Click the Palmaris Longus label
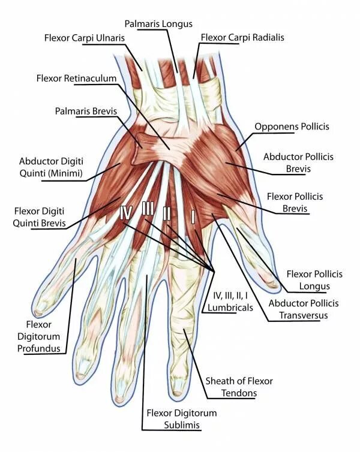pyautogui.click(x=158, y=23)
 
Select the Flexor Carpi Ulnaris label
pyautogui.click(x=84, y=38)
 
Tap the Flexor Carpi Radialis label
pyautogui.click(x=242, y=37)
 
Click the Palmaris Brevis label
pyautogui.click(x=86, y=112)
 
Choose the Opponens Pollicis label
pyautogui.click(x=292, y=126)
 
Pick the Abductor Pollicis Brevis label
pyautogui.click(x=298, y=162)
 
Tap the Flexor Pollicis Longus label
pyautogui.click(x=314, y=279)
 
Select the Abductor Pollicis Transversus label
pyautogui.click(x=303, y=309)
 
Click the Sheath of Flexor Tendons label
pyautogui.click(x=239, y=387)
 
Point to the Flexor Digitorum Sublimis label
pyautogui.click(x=182, y=419)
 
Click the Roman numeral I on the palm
pyautogui.click(x=193, y=216)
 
